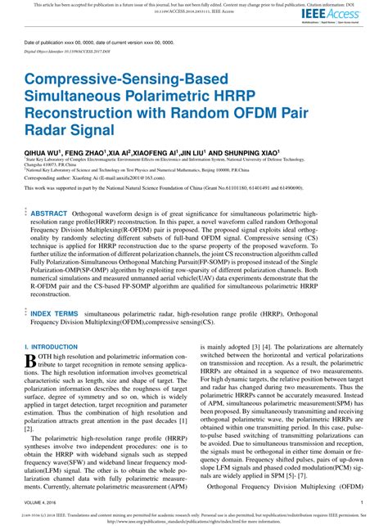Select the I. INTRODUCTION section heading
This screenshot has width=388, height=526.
pos(52,325)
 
